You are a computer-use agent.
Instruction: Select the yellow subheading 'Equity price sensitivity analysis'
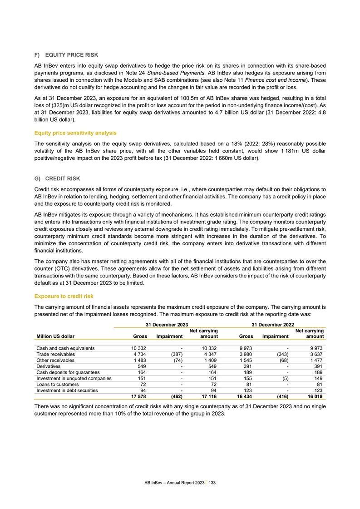[x=76, y=133]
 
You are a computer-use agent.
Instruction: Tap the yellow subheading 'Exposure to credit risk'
[x=64, y=297]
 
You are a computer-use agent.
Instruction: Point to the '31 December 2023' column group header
[x=167, y=324]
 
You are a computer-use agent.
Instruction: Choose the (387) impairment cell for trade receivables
[x=174, y=355]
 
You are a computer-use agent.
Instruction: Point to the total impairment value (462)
[x=174, y=390]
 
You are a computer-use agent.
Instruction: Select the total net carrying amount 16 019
[x=314, y=390]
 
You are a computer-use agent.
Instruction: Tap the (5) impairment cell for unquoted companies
[x=284, y=372]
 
